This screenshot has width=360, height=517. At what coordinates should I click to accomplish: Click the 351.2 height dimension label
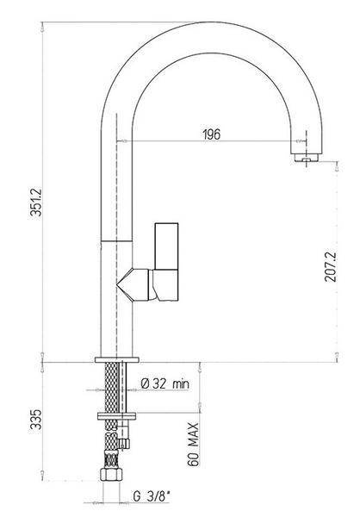(36, 202)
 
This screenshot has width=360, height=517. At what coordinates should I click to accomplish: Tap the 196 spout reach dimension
(211, 134)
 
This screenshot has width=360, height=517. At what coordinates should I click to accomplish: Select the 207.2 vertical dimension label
(330, 267)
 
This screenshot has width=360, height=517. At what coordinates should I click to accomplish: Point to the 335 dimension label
(36, 419)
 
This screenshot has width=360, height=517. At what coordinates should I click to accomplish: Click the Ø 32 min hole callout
(164, 383)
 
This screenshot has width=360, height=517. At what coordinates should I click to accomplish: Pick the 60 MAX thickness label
(193, 444)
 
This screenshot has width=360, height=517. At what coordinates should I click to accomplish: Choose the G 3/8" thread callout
(152, 496)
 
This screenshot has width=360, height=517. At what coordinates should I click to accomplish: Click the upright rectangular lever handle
(166, 246)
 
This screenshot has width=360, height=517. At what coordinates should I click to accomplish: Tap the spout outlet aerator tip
(307, 158)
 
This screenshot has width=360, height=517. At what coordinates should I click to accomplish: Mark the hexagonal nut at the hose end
(111, 474)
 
